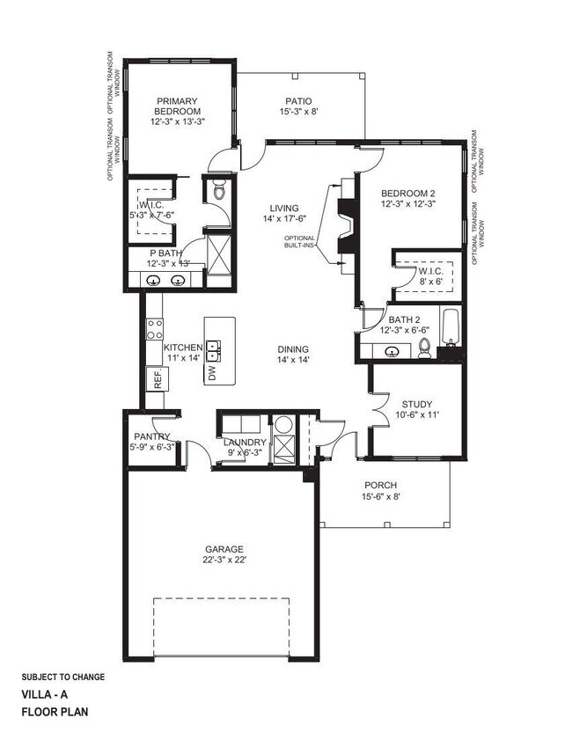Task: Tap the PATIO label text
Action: coord(297,101)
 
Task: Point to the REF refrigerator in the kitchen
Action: coord(158,380)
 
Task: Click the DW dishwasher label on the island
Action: coord(212,373)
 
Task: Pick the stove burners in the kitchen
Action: coord(155,329)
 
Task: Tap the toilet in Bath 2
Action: coord(424,347)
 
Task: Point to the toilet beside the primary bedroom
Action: coord(219,189)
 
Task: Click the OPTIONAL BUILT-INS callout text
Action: coord(299,242)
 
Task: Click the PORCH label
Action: coord(381,486)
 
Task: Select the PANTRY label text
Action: coord(152,436)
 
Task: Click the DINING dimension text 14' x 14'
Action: coord(295,359)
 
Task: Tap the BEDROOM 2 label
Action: coord(407,193)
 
